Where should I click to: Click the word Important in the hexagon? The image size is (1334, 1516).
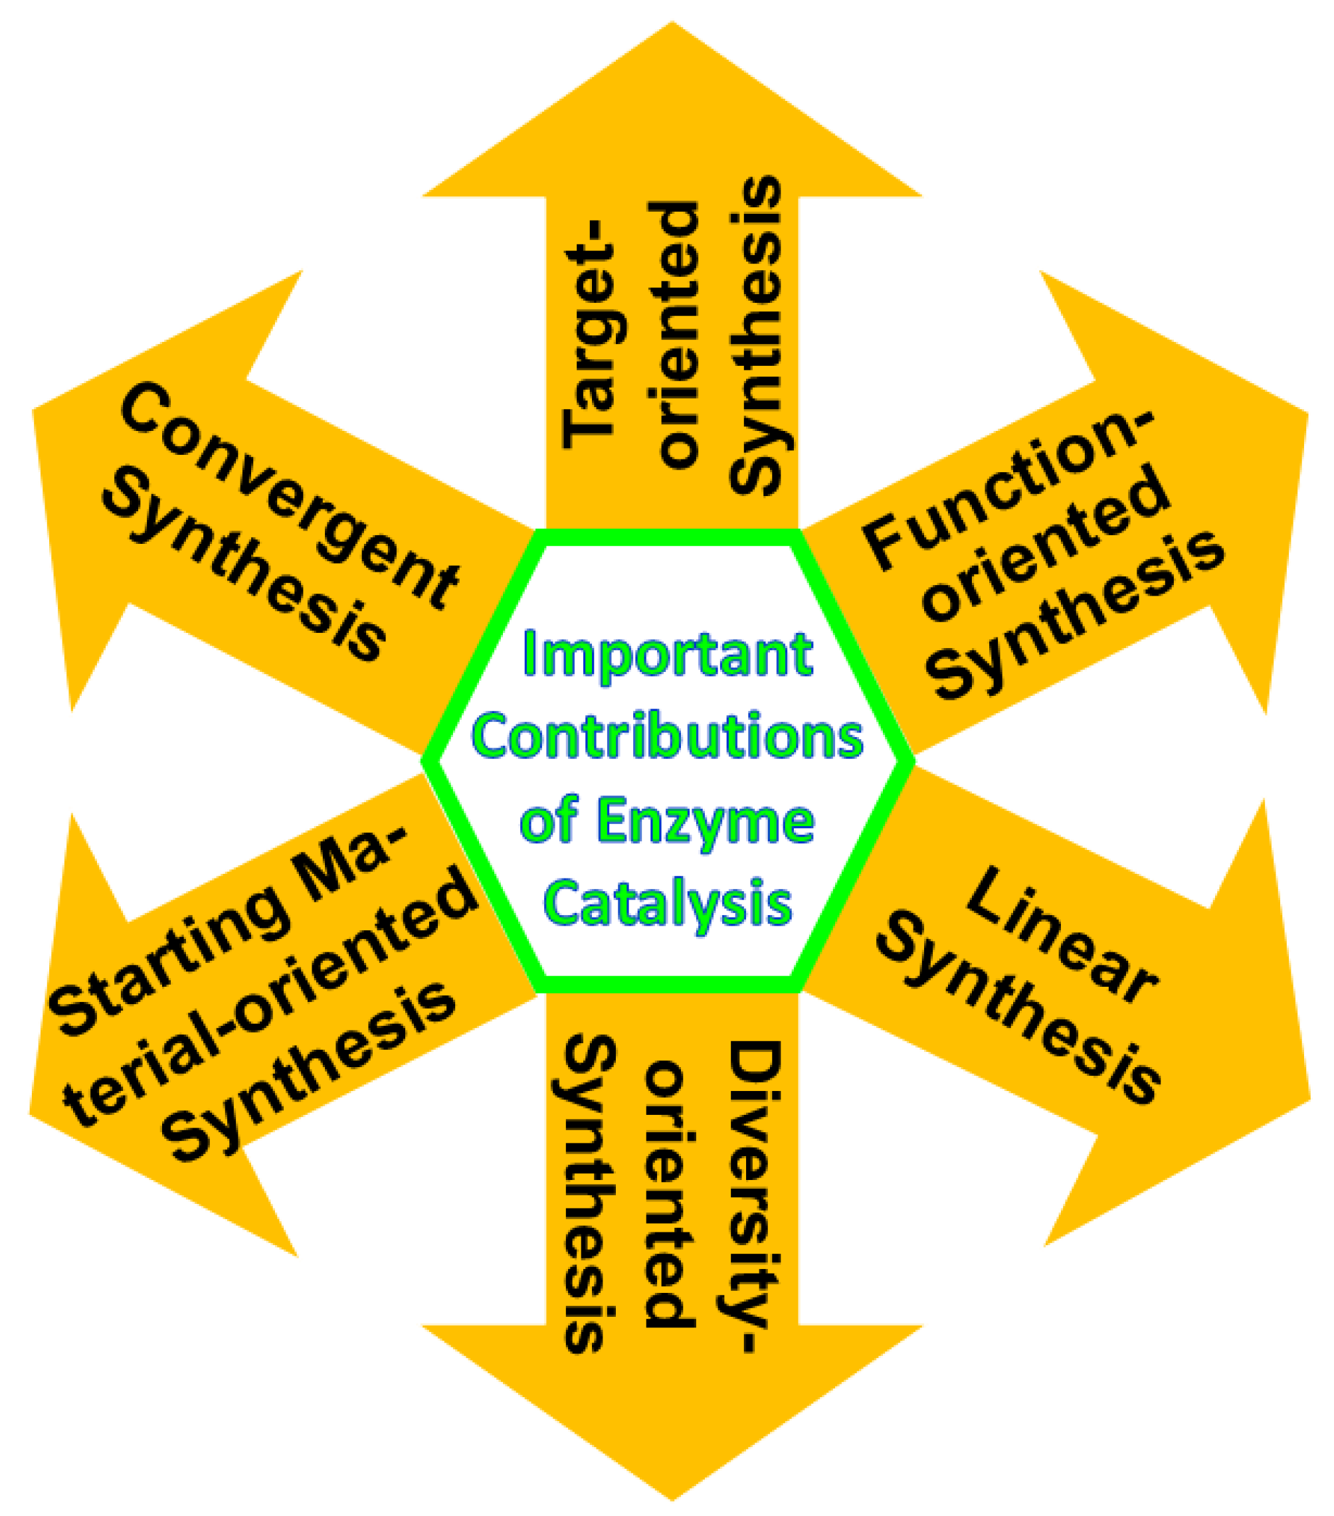[667, 655]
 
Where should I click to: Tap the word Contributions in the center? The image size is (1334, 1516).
[667, 737]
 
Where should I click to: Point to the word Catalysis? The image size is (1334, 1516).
[667, 903]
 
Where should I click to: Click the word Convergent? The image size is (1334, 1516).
[290, 497]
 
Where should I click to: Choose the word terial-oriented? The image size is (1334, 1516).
[271, 997]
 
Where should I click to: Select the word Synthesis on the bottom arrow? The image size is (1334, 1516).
[590, 1194]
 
